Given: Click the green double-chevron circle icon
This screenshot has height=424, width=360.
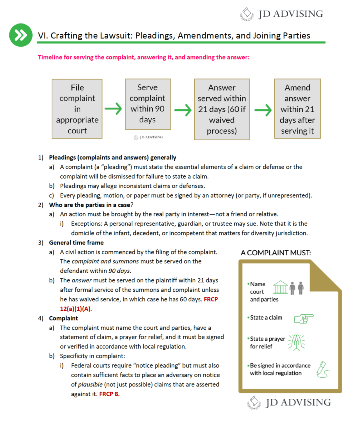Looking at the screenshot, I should coord(20,35).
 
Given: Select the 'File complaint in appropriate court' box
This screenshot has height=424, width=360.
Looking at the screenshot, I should coord(77,109).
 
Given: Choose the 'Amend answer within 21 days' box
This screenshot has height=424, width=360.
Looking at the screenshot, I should coord(297,109).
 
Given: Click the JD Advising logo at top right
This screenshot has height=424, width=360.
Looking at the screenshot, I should coord(282,13).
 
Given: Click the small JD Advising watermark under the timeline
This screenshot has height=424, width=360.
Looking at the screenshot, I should coord(148,137).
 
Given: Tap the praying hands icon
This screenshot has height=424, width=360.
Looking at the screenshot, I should coord(296,342).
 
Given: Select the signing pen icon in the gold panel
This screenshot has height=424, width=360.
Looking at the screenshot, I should coord(319,369).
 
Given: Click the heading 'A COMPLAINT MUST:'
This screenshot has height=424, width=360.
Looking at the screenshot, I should coord(276,253).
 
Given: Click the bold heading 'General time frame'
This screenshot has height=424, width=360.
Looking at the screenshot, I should coord(76,242).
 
